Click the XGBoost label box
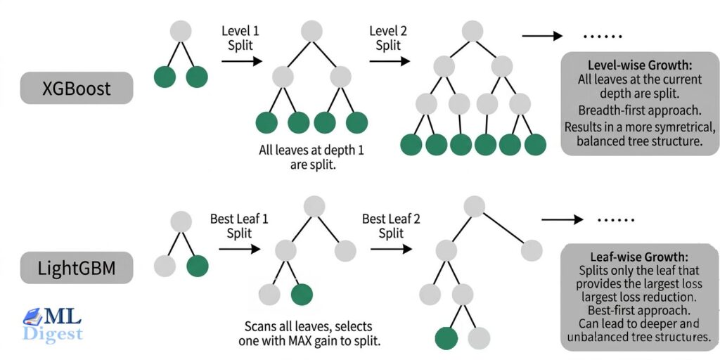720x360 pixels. pos(76,88)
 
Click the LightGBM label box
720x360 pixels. pos(76,267)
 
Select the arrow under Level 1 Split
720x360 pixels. pos(241,61)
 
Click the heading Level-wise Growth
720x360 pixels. pos(640,65)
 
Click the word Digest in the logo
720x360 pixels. pos(53,333)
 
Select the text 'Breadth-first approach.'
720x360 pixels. pos(640,110)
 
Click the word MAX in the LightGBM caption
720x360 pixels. pos(297,341)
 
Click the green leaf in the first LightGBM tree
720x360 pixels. pos(197,266)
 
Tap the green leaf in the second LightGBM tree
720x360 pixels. pos(302,295)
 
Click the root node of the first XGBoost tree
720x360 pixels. pos(181,32)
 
